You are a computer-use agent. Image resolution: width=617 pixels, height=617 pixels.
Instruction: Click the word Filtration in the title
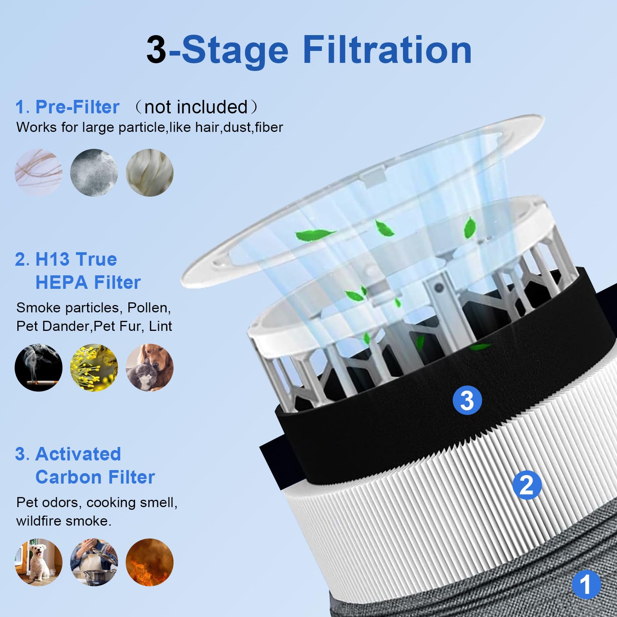pyautogui.click(x=387, y=50)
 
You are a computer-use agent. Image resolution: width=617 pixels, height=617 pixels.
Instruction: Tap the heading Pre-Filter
pyautogui.click(x=77, y=107)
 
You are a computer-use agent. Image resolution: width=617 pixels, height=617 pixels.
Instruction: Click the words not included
pyautogui.click(x=196, y=107)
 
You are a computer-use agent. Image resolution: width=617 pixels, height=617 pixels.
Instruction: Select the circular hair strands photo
pyautogui.click(x=39, y=172)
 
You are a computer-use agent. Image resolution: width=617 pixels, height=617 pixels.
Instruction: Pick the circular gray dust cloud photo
pyautogui.click(x=94, y=172)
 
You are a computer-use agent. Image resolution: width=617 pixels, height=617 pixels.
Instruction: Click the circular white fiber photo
pyautogui.click(x=150, y=172)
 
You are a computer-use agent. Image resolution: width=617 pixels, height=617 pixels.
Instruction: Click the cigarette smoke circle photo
pyautogui.click(x=39, y=368)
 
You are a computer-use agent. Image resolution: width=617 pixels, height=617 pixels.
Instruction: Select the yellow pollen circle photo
pyautogui.click(x=94, y=368)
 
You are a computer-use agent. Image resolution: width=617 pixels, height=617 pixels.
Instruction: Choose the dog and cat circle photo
pyautogui.click(x=150, y=368)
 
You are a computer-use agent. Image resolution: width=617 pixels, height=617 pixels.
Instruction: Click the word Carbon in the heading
pyautogui.click(x=64, y=477)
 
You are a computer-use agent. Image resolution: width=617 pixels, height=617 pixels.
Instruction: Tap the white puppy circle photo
pyautogui.click(x=39, y=562)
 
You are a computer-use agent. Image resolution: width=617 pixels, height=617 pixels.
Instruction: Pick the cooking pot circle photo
pyautogui.click(x=94, y=562)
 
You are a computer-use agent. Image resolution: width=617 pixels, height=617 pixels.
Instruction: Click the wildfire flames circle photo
pyautogui.click(x=150, y=562)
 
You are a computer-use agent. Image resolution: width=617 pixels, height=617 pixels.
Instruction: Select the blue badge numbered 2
pyautogui.click(x=527, y=485)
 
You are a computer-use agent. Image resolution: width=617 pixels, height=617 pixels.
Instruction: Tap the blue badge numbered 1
pyautogui.click(x=586, y=584)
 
